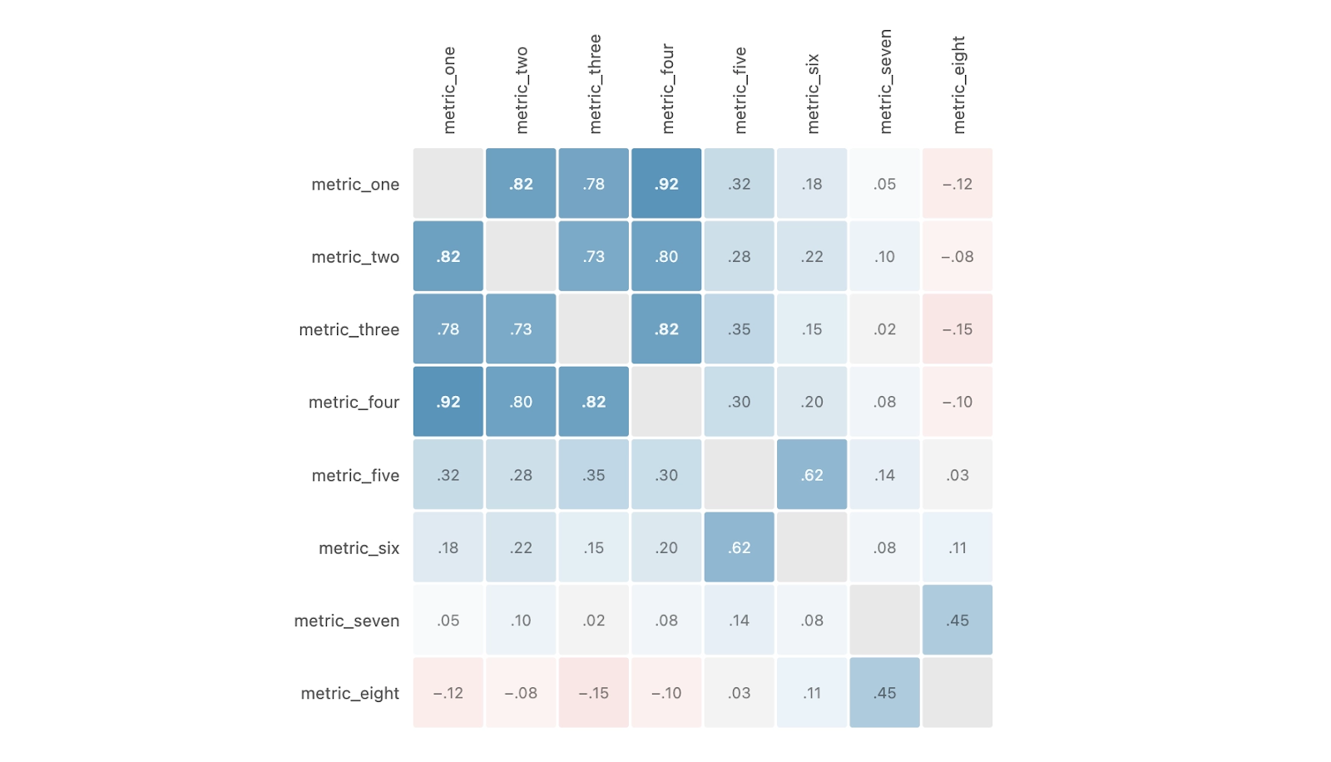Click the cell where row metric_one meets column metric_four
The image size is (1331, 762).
[x=666, y=184]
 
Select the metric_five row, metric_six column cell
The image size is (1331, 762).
[x=812, y=475]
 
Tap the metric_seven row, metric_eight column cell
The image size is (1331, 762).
[x=957, y=621]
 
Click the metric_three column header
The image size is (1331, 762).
[x=594, y=84]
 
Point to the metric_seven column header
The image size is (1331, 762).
[x=885, y=82]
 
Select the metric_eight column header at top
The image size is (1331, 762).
[x=958, y=85]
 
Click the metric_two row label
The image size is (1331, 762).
[x=355, y=257]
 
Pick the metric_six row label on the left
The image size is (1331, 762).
[x=359, y=548]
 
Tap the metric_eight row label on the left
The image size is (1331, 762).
[x=349, y=693]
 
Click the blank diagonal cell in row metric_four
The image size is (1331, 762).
[x=666, y=402]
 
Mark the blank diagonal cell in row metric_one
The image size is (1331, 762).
[x=448, y=184]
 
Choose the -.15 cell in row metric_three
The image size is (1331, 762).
[x=957, y=329]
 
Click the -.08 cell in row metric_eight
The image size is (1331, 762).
[x=521, y=693]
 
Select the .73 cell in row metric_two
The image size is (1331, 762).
[x=594, y=257]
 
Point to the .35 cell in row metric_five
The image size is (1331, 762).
[x=594, y=475]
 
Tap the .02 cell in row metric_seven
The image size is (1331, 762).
[x=594, y=621]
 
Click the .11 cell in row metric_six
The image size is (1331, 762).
[x=957, y=548]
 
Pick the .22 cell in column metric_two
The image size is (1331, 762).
[x=521, y=548]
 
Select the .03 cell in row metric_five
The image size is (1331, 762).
[x=957, y=475]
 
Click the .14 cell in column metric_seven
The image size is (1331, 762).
[x=885, y=475]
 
